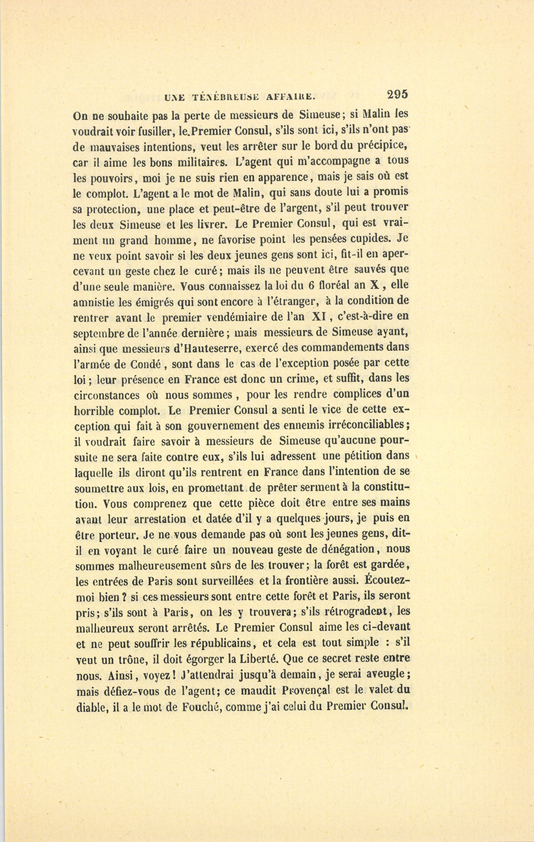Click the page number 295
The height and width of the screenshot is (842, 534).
click(396, 94)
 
